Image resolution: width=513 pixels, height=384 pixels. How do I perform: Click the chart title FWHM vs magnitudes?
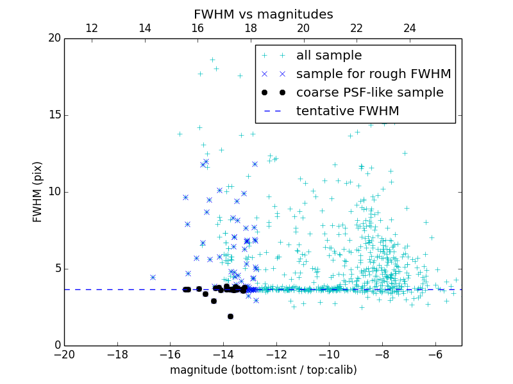263,14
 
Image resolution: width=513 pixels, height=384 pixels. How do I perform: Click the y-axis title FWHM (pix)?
38,192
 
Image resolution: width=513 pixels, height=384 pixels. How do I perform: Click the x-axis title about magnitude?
263,370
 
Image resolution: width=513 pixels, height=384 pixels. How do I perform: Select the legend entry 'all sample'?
329,56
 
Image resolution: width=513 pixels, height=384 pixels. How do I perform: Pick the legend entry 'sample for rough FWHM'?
373,74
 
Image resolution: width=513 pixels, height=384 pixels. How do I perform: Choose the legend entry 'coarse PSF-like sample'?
369,93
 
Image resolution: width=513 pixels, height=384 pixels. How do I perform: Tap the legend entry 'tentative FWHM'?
348,111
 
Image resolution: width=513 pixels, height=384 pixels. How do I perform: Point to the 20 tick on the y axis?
54,38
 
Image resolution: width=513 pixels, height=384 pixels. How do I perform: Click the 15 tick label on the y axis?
54,115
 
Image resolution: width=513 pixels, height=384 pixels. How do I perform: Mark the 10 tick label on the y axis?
54,192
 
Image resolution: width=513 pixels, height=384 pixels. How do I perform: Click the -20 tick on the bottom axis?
64,354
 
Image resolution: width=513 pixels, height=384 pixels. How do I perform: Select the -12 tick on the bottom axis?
276,354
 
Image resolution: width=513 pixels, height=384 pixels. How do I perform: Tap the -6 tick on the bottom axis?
435,354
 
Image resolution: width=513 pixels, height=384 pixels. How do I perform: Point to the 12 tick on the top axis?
92,29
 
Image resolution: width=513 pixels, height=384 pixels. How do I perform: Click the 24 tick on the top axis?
410,29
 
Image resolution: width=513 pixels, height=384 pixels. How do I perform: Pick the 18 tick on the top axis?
251,29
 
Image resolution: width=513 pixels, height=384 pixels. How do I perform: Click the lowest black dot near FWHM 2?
230,316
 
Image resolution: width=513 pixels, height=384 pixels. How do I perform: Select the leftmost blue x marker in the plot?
153,277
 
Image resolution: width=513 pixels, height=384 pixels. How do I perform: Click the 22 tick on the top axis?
357,29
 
